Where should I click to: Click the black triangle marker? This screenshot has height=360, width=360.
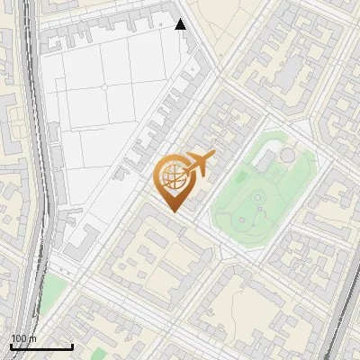click(181, 24)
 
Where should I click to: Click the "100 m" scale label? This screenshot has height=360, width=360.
click(23, 337)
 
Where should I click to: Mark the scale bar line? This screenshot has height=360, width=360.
click(41, 346)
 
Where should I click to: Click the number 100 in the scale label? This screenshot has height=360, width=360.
click(19, 337)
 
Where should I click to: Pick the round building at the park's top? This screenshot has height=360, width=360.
click(286, 155)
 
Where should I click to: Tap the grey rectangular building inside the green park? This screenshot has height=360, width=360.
click(266, 161)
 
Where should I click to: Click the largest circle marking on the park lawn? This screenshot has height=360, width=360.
click(258, 196)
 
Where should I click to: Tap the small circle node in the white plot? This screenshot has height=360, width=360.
click(103, 86)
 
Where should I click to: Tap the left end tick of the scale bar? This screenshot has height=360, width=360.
click(11, 346)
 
